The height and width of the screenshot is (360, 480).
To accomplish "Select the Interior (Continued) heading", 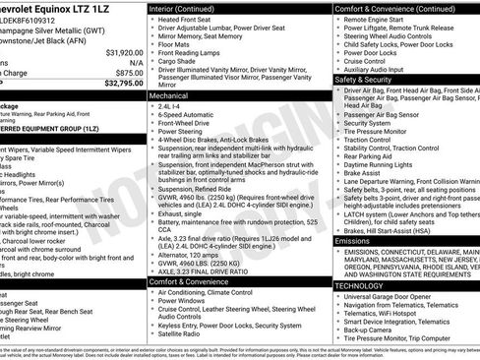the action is coord(184,8).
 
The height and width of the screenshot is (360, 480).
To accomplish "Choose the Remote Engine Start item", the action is coord(380,19).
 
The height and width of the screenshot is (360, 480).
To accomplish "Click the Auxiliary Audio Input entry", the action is coord(383,70).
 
